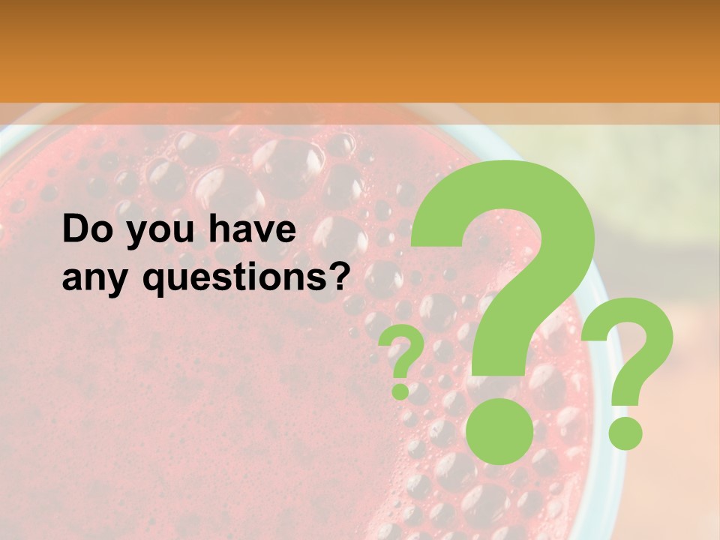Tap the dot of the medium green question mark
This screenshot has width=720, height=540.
(625, 433)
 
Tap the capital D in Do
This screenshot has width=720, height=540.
(77, 230)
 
